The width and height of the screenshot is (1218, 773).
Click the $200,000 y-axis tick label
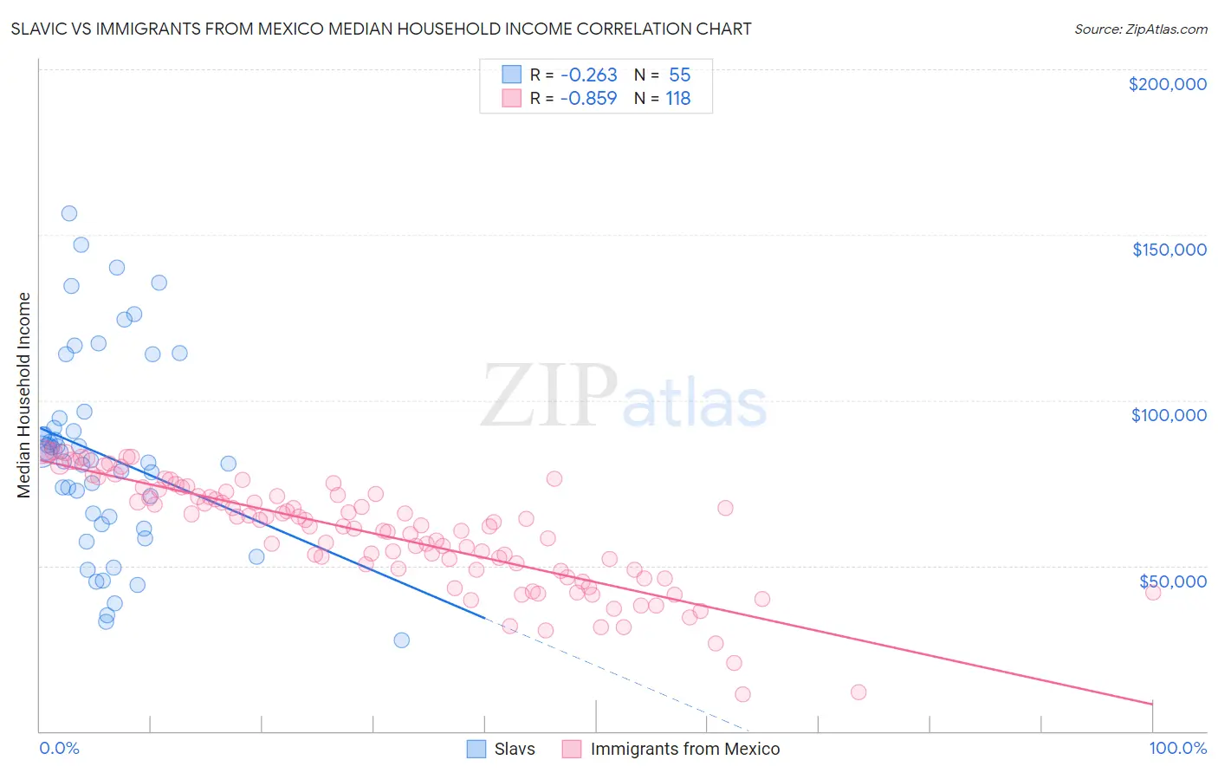tap(1167, 84)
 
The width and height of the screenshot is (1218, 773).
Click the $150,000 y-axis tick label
tap(1169, 250)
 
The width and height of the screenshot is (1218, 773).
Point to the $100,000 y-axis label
tap(1169, 415)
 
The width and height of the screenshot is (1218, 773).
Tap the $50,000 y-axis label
tap(1172, 581)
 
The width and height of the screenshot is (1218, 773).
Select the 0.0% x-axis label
tap(59, 749)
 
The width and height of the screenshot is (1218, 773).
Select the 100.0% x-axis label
tap(1177, 749)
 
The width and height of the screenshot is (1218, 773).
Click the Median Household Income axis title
tap(24, 395)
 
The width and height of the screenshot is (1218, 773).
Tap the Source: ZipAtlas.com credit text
tap(1140, 29)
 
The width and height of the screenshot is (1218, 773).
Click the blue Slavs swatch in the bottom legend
tap(476, 749)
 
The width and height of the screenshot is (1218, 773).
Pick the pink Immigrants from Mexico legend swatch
tap(572, 749)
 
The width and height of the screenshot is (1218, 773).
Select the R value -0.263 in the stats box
tap(588, 75)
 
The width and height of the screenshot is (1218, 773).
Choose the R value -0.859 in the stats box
tap(588, 98)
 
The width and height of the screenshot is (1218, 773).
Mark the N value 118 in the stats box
tap(677, 98)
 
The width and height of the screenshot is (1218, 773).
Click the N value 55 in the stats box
tap(679, 75)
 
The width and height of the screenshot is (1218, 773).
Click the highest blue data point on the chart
tap(69, 213)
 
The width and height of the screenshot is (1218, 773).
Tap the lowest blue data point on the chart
tap(401, 640)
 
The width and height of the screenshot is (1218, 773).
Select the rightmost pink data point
tap(1152, 593)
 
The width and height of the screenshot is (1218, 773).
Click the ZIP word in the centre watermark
tap(549, 397)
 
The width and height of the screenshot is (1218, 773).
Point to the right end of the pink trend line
tap(1152, 703)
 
